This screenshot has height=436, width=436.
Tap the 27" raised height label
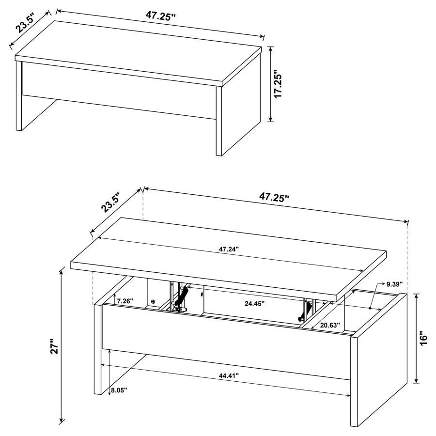click(x=54, y=347)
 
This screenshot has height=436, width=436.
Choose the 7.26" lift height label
click(x=125, y=301)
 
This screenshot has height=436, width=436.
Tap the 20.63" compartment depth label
click(x=330, y=325)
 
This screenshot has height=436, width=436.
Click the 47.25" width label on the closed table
click(x=160, y=15)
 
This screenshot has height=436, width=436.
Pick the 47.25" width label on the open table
click(x=274, y=197)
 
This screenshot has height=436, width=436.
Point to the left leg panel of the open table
click(x=97, y=349)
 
